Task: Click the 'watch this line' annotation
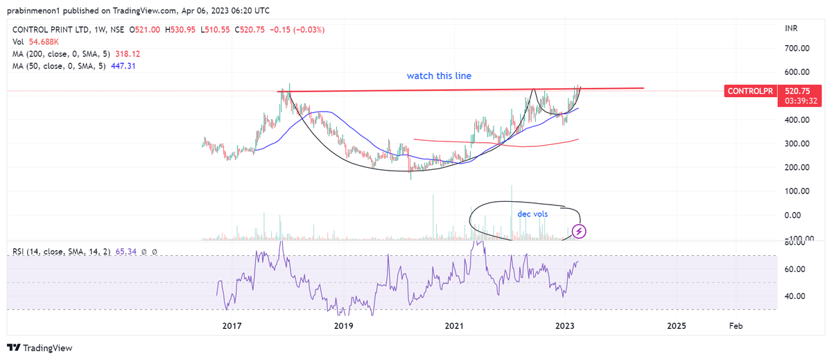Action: click(x=439, y=76)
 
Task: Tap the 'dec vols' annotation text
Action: click(x=532, y=214)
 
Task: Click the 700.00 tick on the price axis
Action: click(x=797, y=49)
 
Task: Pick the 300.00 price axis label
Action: click(x=797, y=144)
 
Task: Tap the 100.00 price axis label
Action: click(x=797, y=191)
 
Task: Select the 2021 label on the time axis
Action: click(x=453, y=325)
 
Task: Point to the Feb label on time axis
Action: click(x=736, y=325)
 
